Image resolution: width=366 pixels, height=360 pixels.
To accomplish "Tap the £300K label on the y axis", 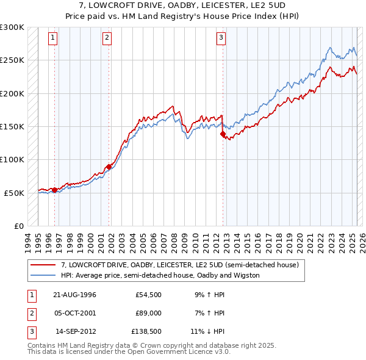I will tap(12, 27).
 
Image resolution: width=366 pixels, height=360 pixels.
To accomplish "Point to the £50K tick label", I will tap(15, 193).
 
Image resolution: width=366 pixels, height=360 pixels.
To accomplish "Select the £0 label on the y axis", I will tap(20, 226).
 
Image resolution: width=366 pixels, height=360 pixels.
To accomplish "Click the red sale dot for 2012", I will tap(223, 134).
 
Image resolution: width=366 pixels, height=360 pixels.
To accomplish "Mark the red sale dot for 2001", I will tap(109, 167).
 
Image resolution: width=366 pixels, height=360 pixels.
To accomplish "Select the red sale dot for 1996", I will tap(55, 190).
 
